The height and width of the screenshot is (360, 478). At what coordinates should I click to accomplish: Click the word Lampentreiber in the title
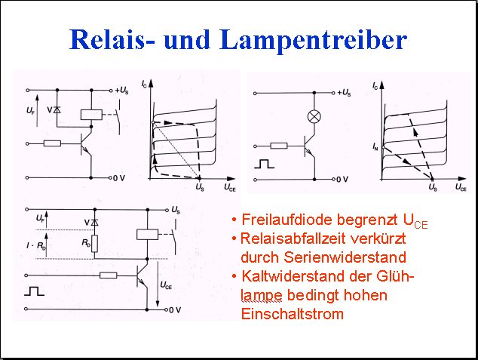(x=314, y=41)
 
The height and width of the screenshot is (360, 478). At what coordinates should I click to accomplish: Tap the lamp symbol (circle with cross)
(x=314, y=116)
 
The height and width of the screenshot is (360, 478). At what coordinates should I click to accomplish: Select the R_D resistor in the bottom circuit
(x=95, y=244)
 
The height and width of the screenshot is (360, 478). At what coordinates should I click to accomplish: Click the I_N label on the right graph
(x=375, y=146)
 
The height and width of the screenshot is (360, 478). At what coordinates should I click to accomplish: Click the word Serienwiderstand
(x=323, y=257)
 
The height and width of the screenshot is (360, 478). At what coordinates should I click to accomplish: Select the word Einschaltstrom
(x=293, y=314)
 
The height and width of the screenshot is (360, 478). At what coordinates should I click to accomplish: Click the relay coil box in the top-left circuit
(x=91, y=115)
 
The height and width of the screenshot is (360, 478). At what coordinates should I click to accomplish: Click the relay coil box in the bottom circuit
(x=148, y=234)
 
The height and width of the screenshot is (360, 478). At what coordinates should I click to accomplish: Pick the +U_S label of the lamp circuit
(x=344, y=92)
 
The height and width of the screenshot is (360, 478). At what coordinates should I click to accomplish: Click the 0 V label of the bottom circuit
(x=175, y=310)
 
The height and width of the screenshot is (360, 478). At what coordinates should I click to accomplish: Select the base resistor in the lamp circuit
(x=279, y=146)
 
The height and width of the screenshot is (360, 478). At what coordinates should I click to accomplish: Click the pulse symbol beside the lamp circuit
(x=265, y=164)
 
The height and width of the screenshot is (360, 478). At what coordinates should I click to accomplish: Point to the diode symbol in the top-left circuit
(x=57, y=110)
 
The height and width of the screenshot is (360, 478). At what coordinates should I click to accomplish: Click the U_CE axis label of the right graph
(x=461, y=187)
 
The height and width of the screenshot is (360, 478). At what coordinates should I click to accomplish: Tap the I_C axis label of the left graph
(x=144, y=84)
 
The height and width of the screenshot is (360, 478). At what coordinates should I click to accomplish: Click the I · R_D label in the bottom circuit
(x=36, y=245)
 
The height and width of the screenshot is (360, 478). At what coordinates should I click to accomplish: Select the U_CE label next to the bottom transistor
(x=166, y=285)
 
